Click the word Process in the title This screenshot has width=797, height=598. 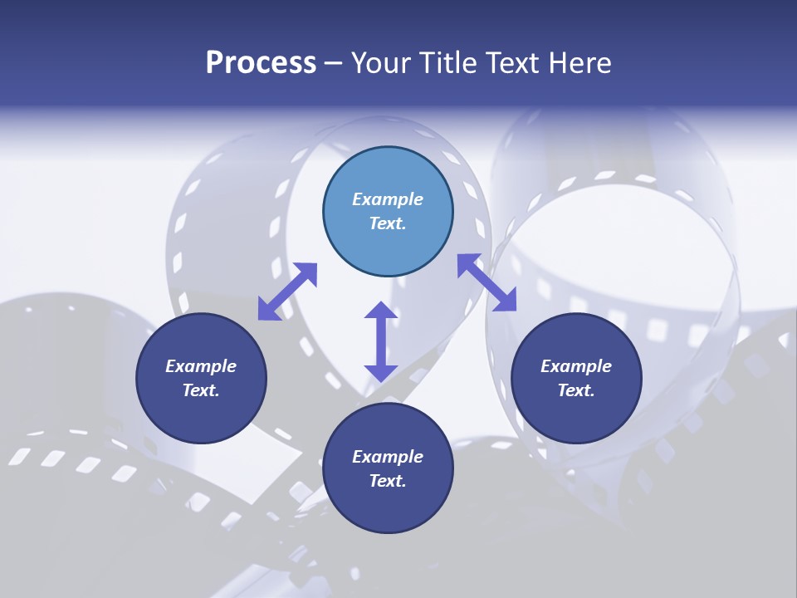pyautogui.click(x=261, y=63)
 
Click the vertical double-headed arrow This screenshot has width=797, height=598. pyautogui.click(x=380, y=341)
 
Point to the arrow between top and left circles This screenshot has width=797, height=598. pyautogui.click(x=287, y=292)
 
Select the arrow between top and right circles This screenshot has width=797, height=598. pyautogui.click(x=487, y=282)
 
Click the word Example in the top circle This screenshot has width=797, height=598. pyautogui.click(x=388, y=199)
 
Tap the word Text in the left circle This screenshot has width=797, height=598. pyautogui.click(x=201, y=390)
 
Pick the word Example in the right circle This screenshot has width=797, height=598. pyautogui.click(x=576, y=366)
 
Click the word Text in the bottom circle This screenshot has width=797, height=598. pyautogui.click(x=388, y=481)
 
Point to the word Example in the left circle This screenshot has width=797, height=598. pyautogui.click(x=201, y=366)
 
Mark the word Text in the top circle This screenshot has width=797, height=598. pyautogui.click(x=388, y=223)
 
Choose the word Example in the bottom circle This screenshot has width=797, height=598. pyautogui.click(x=388, y=457)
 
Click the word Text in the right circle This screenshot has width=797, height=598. pyautogui.click(x=576, y=390)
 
